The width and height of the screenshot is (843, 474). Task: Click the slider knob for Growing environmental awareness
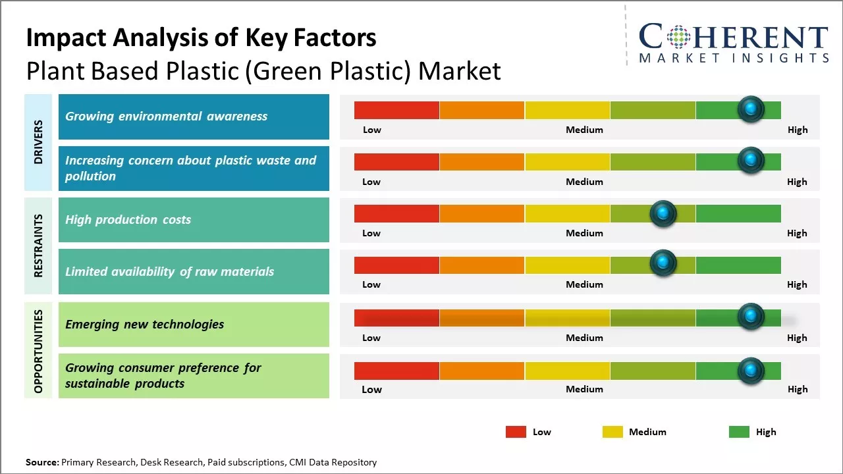[750, 109]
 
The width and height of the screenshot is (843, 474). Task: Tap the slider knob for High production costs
[663, 213]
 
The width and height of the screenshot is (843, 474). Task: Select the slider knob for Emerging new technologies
[750, 317]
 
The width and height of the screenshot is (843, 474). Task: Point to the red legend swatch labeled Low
[516, 432]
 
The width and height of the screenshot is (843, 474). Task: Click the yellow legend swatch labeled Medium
[612, 432]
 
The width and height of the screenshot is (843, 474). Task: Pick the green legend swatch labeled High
[739, 432]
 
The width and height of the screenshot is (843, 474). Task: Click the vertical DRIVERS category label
[38, 142]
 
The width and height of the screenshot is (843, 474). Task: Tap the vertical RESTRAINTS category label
[38, 246]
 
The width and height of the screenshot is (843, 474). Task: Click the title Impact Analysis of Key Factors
[201, 38]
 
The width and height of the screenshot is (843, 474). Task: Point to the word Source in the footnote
[41, 462]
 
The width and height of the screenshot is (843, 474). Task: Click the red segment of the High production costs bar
[396, 213]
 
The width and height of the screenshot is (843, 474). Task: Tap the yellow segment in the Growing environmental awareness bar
[567, 110]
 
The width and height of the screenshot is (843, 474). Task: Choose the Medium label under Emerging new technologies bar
[584, 338]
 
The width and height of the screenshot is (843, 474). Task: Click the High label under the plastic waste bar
[797, 182]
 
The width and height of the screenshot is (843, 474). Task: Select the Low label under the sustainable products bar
[371, 389]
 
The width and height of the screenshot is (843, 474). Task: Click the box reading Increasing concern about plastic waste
[194, 169]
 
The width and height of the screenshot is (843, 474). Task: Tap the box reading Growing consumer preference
[194, 376]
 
